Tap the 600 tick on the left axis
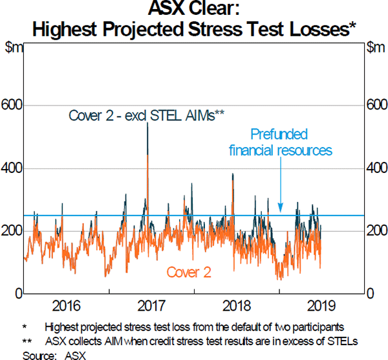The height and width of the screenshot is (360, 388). (x=12, y=105)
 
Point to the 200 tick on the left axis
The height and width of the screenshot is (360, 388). (x=12, y=231)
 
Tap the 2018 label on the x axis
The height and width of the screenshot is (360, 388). (x=236, y=306)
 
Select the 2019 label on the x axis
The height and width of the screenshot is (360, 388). (x=321, y=306)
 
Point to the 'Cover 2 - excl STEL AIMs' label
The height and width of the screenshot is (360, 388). (x=146, y=116)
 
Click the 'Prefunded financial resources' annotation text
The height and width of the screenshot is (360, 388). (x=280, y=142)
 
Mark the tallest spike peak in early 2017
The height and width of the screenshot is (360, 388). (x=147, y=123)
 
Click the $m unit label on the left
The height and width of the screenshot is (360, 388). (x=14, y=47)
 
